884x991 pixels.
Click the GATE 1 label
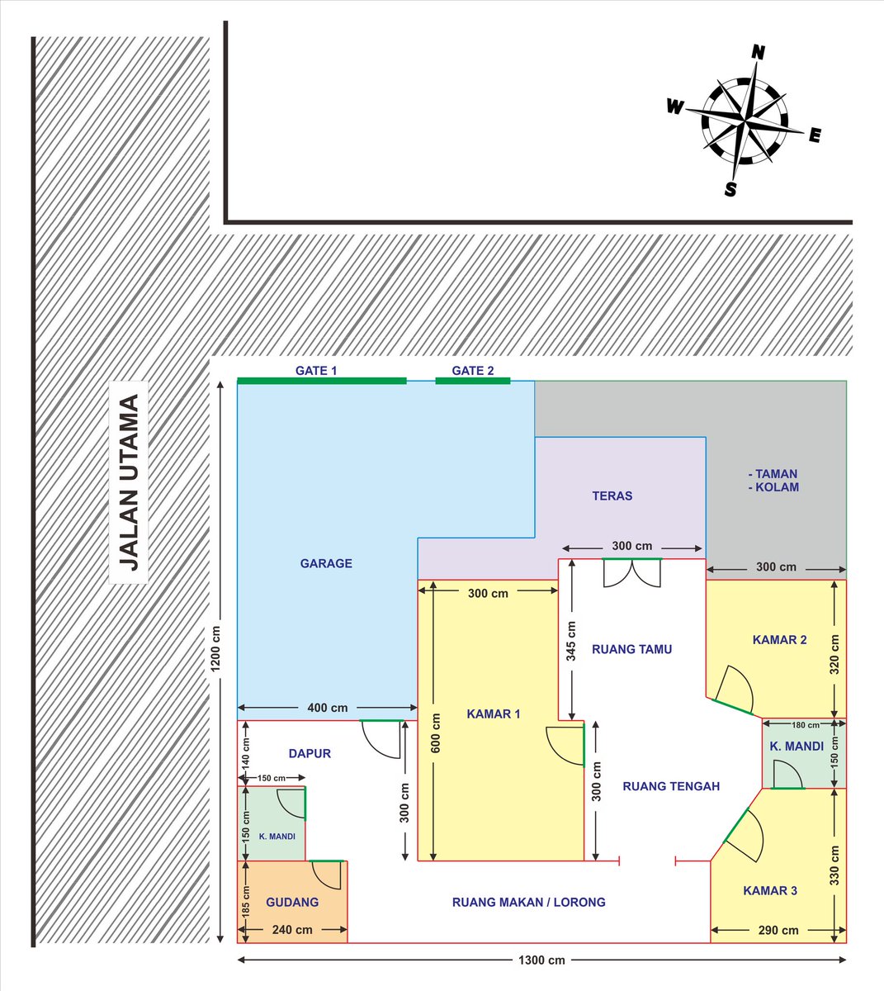pos(316,370)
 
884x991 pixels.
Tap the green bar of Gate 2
pos(473,381)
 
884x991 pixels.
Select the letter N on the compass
pos(758,52)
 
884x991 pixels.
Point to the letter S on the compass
pos(730,189)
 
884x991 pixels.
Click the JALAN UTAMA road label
pos(129,482)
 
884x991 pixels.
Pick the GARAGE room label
pos(326,563)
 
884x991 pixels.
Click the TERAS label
pos(612,496)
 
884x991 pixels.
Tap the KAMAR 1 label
pos(494,714)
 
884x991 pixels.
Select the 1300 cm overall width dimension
pos(541,960)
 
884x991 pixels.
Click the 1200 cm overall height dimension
pos(215,648)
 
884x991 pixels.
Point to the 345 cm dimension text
pos(570,641)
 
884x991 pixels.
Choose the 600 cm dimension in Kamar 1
pos(436,733)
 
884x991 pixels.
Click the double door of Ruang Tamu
pos(631,572)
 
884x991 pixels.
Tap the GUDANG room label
pos(292,902)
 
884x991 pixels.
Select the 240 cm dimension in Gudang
pos(292,929)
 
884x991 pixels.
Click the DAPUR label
pos(310,753)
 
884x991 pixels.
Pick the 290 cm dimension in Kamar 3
pos(778,930)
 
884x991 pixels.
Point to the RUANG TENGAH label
pos(671,786)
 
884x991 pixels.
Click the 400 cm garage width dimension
pos(327,707)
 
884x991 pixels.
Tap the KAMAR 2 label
pos(779,639)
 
